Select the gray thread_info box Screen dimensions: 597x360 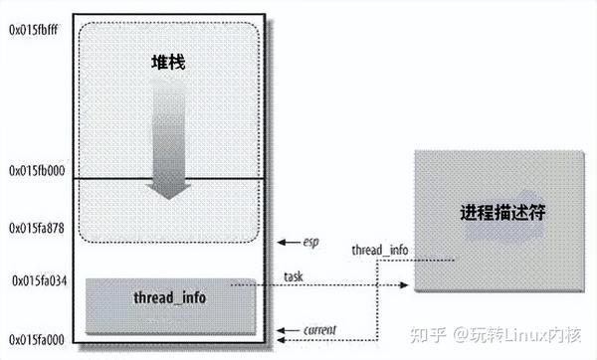point(170,304)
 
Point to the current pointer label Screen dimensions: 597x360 point(318,329)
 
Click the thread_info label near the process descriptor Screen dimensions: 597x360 point(379,250)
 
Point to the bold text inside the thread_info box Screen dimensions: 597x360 point(170,298)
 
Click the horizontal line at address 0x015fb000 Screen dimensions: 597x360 point(170,180)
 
